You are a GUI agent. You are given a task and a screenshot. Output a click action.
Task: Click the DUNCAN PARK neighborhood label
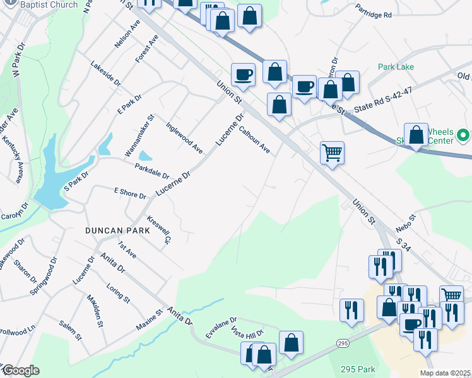118,231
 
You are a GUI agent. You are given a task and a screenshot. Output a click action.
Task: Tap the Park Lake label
396,67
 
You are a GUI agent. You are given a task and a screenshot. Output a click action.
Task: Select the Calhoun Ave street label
256,140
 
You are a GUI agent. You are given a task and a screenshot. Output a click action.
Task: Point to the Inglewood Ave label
184,137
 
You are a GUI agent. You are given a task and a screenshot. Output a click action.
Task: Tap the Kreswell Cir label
159,232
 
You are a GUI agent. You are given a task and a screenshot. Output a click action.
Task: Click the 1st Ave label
127,249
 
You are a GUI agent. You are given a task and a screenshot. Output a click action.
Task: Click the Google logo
20,370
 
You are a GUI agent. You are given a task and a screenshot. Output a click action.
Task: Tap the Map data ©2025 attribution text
445,373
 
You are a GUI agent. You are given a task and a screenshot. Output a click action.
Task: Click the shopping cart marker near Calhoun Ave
332,152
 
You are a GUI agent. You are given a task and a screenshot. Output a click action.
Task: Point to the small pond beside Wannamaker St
145,155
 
